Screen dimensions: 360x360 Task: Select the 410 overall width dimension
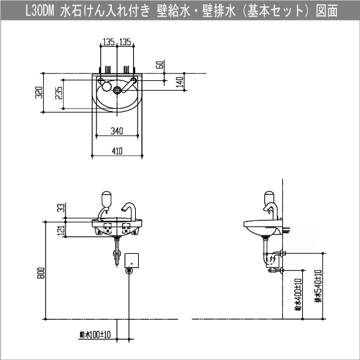tap(116, 151)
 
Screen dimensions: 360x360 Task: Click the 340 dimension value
tap(116, 131)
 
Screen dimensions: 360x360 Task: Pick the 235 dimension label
tap(60, 96)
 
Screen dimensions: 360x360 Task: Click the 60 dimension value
tap(159, 65)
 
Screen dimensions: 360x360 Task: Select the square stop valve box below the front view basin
tap(133, 260)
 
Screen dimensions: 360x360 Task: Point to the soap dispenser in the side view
tap(269, 199)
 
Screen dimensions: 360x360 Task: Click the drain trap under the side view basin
tap(270, 259)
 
